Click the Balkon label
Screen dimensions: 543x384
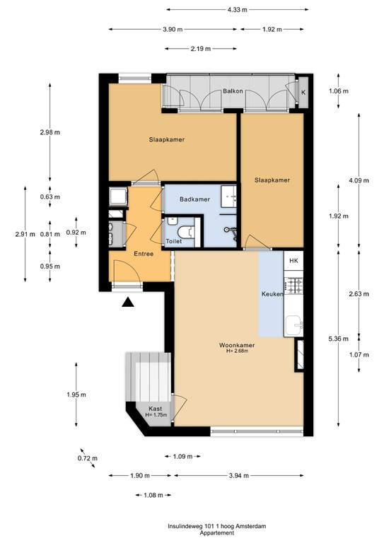click(233, 91)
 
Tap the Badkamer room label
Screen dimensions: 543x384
click(194, 199)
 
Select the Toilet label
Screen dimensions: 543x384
click(173, 241)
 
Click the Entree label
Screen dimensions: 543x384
click(144, 252)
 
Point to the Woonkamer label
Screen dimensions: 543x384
click(236, 345)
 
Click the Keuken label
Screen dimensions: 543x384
click(272, 293)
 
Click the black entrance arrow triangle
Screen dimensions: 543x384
click(128, 303)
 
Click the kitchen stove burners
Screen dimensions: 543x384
click(295, 286)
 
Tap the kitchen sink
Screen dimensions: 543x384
click(296, 325)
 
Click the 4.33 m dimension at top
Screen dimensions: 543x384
click(238, 9)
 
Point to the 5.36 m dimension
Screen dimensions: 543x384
click(359, 339)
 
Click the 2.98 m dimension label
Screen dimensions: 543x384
click(50, 132)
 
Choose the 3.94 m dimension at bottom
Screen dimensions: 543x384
click(238, 476)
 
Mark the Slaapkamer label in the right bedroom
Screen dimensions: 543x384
click(272, 180)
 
